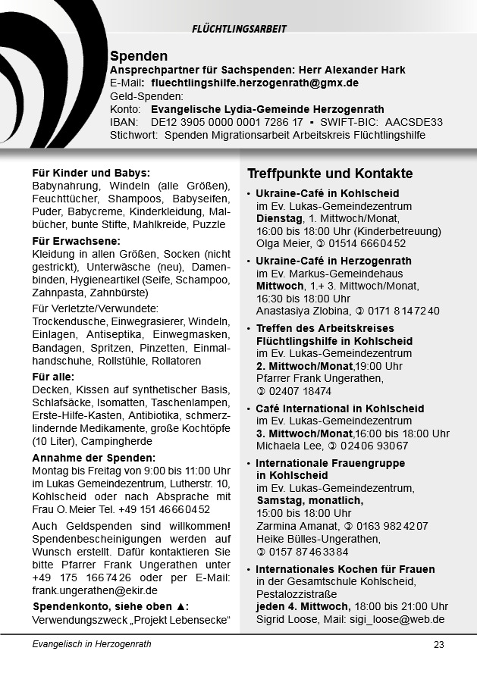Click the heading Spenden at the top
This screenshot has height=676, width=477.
tap(139, 56)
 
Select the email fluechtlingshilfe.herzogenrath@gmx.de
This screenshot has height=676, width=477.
tap(255, 83)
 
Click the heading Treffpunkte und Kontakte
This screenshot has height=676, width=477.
tap(330, 174)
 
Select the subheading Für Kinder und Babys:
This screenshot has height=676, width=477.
tap(91, 172)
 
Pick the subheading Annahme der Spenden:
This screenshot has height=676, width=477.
tap(94, 458)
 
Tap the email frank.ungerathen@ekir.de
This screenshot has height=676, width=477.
tap(95, 590)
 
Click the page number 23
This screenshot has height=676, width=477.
tap(438, 645)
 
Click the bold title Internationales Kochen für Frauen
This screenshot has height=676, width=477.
tap(345, 569)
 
